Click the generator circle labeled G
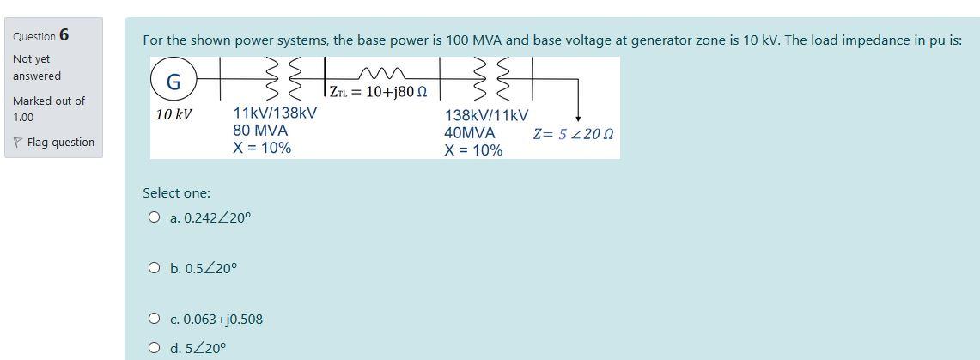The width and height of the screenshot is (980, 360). point(173,82)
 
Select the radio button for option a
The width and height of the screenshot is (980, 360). point(154,217)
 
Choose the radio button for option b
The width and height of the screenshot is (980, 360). point(154,268)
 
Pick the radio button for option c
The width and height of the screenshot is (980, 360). point(154,319)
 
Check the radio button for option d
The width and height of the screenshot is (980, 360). point(154,348)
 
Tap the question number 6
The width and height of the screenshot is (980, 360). point(64,35)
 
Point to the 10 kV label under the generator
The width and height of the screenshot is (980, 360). point(173,114)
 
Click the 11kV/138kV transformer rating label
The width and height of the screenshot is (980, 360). point(275,113)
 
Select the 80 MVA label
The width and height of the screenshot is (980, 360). point(260,131)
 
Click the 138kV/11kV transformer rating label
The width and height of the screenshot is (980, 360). point(486,115)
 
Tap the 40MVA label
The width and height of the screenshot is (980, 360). point(470,133)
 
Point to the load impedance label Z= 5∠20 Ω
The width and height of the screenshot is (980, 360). point(573,134)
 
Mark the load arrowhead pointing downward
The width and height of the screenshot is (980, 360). point(578,118)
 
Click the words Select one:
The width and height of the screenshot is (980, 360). point(176,192)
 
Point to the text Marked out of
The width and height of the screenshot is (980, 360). point(49,101)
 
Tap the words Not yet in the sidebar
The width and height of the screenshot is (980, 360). point(32,58)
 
